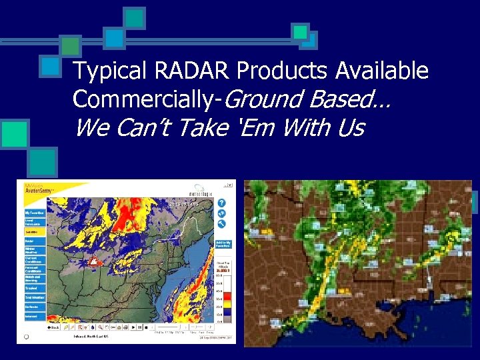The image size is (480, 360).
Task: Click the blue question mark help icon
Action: pos(221,203)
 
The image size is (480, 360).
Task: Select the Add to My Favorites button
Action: pos(223,245)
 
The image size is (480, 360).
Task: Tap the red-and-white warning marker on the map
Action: pos(94,262)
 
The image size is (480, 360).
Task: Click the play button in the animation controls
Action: pos(133,327)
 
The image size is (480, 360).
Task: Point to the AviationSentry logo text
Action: pos(38,190)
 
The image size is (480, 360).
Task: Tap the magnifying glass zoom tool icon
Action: pos(99,327)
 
